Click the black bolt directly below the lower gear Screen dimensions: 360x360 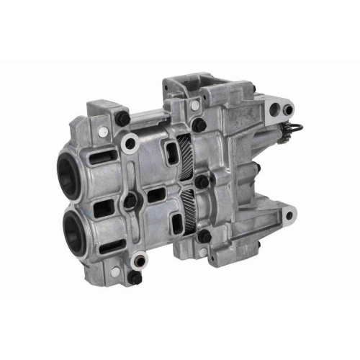click(204, 236)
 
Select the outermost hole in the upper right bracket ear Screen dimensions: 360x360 click(288, 109)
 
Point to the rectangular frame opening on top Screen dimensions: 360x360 click(189, 90)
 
